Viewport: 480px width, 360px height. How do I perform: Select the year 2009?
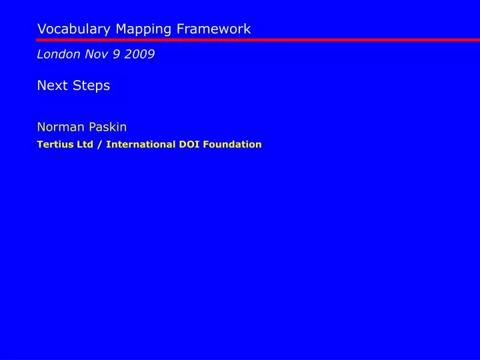click(x=140, y=55)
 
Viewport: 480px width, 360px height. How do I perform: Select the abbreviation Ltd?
click(x=85, y=144)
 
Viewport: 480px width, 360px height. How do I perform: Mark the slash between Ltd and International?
click(x=99, y=144)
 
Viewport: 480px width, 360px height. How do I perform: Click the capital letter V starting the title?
click(x=41, y=29)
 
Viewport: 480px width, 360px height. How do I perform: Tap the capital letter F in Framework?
click(x=181, y=29)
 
